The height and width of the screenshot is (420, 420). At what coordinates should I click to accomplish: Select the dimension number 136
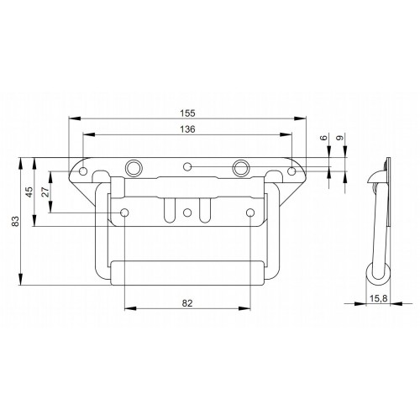187,129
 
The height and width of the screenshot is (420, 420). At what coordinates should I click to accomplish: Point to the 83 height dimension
13,222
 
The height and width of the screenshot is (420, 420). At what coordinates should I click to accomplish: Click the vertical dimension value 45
29,192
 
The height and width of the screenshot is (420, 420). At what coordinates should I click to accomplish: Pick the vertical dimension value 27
45,192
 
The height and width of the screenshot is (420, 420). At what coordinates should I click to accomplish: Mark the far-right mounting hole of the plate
291,171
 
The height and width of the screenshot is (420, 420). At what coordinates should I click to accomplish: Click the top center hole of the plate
188,165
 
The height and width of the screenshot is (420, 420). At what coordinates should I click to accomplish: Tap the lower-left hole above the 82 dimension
124,212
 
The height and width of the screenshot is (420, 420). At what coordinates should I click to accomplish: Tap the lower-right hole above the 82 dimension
250,212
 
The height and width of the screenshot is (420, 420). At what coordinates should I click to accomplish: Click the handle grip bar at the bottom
187,273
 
